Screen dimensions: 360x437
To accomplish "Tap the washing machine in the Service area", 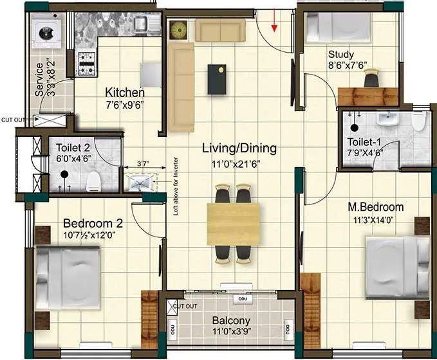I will [46, 34].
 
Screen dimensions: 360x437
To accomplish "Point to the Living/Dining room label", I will [239, 148].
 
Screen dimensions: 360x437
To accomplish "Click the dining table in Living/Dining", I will [233, 224].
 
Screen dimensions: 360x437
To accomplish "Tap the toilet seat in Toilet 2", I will [94, 179].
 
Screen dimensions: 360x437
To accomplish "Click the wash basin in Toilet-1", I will [386, 119].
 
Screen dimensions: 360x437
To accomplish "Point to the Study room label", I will [341, 54].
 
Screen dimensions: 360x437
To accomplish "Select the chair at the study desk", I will [371, 79].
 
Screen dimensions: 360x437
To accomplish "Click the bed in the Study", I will [339, 26].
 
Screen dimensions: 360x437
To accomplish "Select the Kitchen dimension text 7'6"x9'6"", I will [124, 105].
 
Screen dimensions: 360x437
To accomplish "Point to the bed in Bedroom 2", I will [67, 277].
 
